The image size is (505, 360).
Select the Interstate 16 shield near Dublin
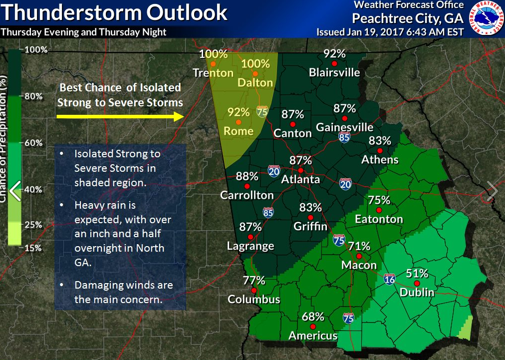389,279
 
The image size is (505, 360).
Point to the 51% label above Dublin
417,273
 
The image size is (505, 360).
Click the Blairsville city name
334,72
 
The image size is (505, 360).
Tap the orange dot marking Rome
239,122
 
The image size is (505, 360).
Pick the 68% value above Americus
313,317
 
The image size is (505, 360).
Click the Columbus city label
254,300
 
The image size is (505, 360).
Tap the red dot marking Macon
359,256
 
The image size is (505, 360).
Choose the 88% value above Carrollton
247,176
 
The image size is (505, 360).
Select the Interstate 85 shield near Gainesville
344,137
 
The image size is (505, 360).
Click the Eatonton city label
379,219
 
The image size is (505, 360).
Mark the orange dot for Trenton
213,64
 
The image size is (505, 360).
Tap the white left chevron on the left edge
15,190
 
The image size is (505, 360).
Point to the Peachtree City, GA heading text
408,18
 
